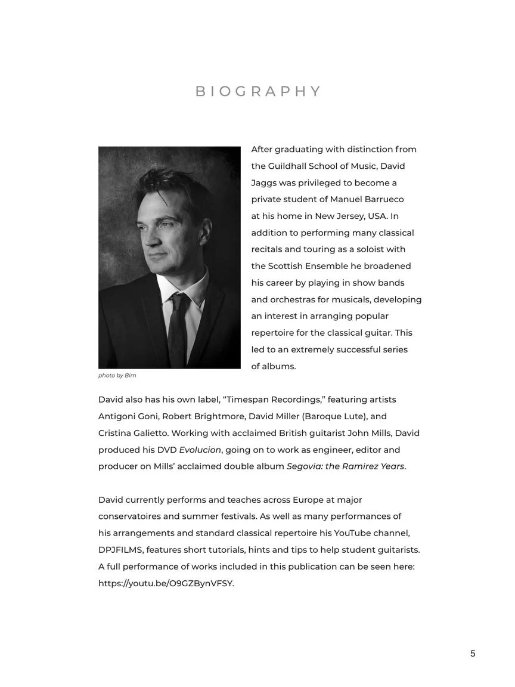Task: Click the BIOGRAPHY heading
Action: [258, 91]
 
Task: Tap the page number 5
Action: [473, 654]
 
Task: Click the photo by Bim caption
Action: [117, 376]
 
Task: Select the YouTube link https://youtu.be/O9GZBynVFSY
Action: [166, 584]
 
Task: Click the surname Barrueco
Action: [381, 200]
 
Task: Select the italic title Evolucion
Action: [200, 450]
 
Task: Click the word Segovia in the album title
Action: [305, 467]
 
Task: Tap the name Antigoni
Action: [117, 417]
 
